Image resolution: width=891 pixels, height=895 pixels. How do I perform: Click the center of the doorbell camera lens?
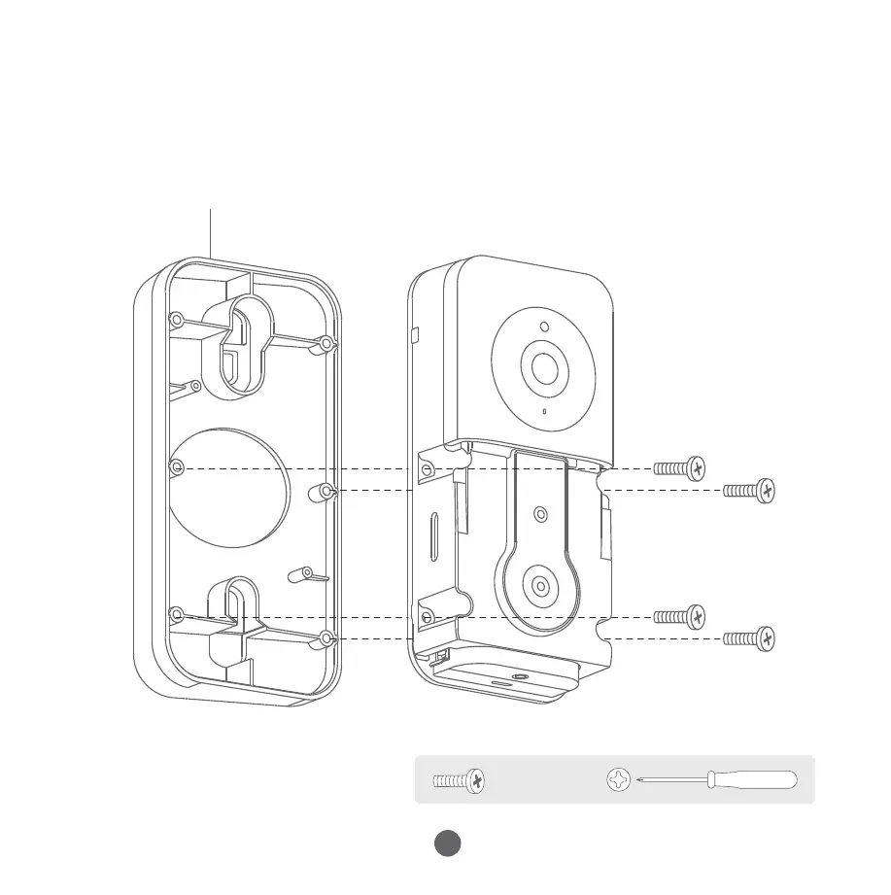coord(543,368)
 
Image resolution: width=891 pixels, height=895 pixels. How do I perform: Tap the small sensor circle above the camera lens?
coord(544,327)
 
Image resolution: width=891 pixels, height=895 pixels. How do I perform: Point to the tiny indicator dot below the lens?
coord(544,411)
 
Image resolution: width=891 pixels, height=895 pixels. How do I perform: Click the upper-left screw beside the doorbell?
coord(679,469)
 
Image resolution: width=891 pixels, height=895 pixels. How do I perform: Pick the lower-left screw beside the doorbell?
coord(679,616)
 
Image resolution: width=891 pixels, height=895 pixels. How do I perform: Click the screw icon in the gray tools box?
coord(460,779)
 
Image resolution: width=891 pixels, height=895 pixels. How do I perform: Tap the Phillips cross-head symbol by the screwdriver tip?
coord(618,779)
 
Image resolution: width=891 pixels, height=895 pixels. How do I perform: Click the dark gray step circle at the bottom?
coord(447,843)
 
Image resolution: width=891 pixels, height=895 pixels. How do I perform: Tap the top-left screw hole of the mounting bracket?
coord(177,319)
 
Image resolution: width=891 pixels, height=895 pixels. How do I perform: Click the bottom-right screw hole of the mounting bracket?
coord(326,638)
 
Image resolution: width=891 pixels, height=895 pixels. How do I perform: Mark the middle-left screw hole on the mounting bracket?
coord(177,468)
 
